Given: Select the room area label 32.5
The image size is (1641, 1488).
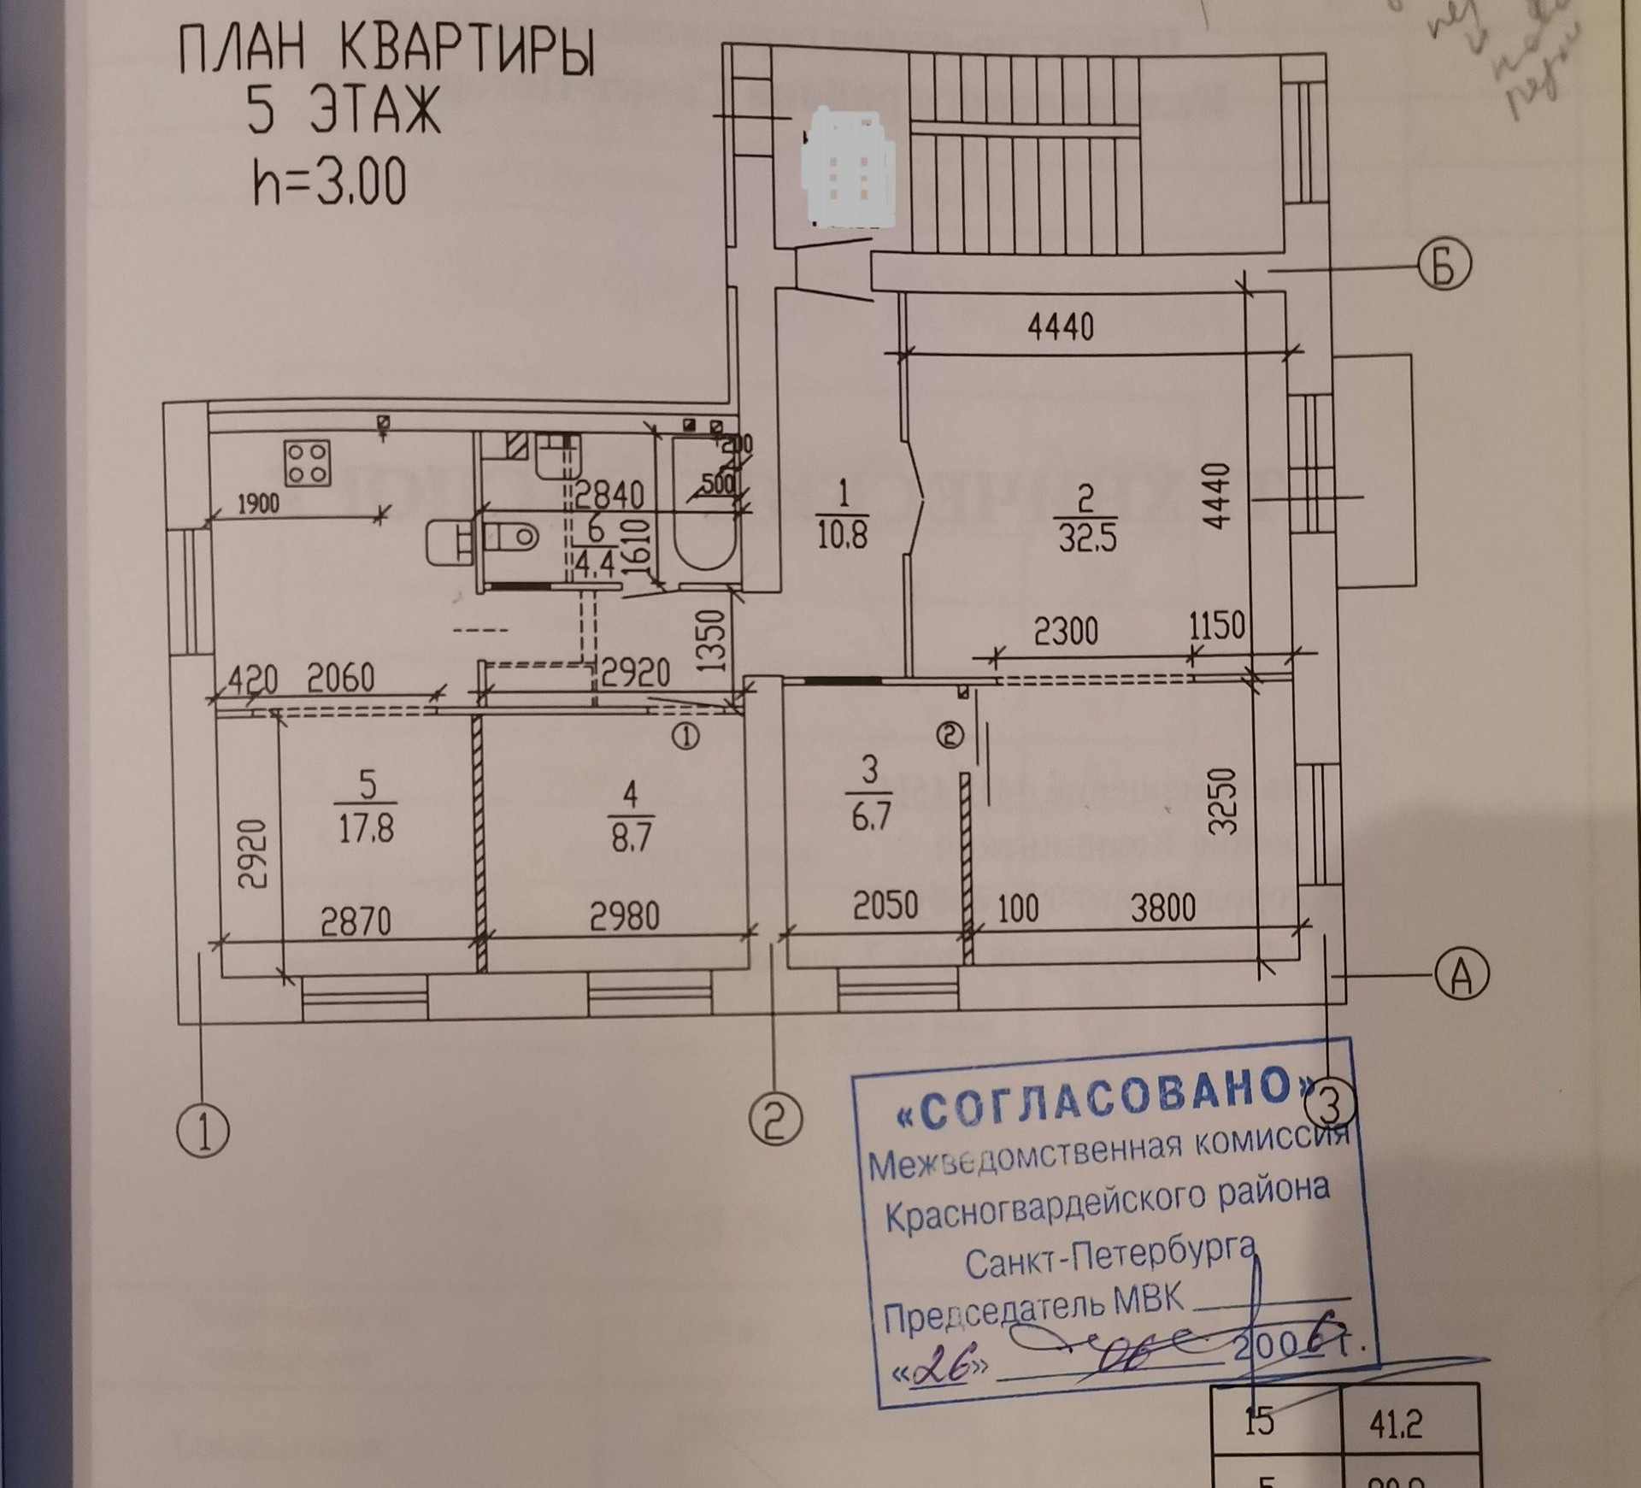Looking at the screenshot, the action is click(1086, 538).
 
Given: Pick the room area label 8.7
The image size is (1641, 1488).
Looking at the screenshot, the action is click(631, 836).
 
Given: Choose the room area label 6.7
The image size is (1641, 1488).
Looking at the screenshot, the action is click(871, 815).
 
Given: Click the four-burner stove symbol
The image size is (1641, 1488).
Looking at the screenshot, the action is click(309, 462).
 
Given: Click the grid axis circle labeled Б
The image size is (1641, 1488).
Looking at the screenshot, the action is click(1444, 267).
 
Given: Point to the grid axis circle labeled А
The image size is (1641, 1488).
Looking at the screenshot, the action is click(1462, 973).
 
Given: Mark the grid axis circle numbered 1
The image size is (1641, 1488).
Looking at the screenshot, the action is click(203, 1132).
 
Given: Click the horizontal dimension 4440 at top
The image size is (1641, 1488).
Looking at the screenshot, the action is click(1060, 327).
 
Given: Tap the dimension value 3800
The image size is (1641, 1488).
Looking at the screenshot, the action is click(1162, 906).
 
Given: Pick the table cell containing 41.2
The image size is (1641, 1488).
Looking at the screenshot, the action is click(1395, 1424).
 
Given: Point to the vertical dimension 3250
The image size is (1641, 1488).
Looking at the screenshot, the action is click(1224, 802).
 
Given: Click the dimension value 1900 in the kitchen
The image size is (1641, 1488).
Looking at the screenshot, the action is click(257, 503).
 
